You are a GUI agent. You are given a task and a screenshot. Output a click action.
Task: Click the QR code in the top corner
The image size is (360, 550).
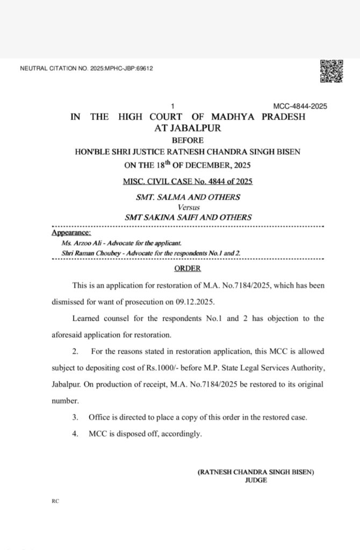coord(331,71)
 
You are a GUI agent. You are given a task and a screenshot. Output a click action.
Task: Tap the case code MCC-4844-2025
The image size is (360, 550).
coord(300,106)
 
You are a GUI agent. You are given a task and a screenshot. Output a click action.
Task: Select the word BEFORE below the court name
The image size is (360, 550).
coord(188,140)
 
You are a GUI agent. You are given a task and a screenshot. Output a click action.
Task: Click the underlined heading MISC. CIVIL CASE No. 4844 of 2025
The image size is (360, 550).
coord(188,182)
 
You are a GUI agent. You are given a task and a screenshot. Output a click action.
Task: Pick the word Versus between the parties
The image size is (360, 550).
coord(188,207)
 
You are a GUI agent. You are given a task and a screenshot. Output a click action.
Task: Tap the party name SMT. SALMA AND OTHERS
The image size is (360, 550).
coord(188,197)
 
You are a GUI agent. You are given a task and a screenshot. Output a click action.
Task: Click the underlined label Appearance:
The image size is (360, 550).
coord(71,233)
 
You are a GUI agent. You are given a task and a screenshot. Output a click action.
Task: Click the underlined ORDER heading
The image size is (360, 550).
coord(188,269)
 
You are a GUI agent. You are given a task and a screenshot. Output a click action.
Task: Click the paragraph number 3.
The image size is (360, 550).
coord(75,417)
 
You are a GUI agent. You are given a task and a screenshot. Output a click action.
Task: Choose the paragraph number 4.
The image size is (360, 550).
coord(75,434)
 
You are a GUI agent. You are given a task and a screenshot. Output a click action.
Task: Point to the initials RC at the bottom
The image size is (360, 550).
coord(55,501)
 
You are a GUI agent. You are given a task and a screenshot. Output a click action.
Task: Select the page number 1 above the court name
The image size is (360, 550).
coord(172,106)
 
